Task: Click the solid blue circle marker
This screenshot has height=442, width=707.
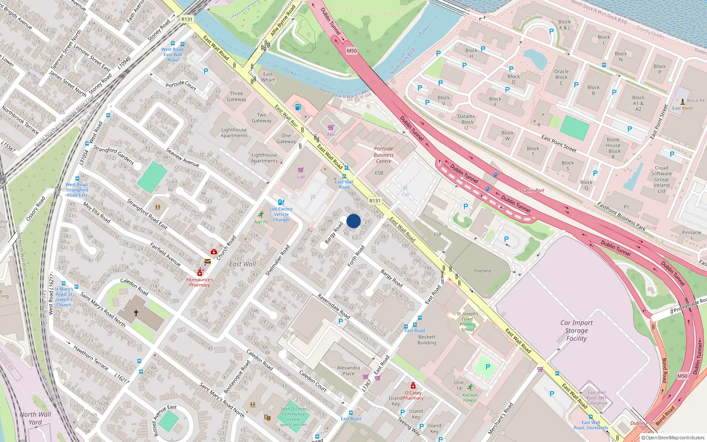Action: pyautogui.click(x=353, y=221)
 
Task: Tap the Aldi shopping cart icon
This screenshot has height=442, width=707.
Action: pyautogui.click(x=331, y=128)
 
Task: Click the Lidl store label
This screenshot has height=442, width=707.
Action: pyautogui.click(x=301, y=177)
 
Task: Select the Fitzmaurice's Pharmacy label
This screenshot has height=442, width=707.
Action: pyautogui.click(x=200, y=282)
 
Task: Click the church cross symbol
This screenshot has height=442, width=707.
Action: pyautogui.click(x=136, y=312)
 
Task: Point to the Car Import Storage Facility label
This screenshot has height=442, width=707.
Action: pyautogui.click(x=576, y=331)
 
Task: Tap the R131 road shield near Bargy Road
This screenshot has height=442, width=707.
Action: pyautogui.click(x=375, y=201)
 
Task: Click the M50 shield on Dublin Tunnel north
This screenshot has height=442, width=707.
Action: pyautogui.click(x=351, y=51)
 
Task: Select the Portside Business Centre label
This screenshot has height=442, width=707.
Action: pyautogui.click(x=384, y=155)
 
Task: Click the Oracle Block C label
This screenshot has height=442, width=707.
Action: pyautogui.click(x=561, y=77)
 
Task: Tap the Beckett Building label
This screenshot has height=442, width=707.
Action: pyautogui.click(x=427, y=339)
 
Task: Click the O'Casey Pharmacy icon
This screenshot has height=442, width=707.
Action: pyautogui.click(x=413, y=385)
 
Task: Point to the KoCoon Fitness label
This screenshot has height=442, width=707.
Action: pyautogui.click(x=470, y=397)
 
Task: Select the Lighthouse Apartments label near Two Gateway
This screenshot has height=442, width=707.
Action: pyautogui.click(x=234, y=133)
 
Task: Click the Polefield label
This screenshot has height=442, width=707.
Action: pyautogui.click(x=483, y=271)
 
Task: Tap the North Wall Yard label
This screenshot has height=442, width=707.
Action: pyautogui.click(x=35, y=418)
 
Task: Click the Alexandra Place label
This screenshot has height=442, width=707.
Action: pyautogui.click(x=349, y=370)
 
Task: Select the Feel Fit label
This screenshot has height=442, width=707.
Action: pyautogui.click(x=261, y=222)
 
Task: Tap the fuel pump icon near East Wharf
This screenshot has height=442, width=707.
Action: pyautogui.click(x=298, y=107)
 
